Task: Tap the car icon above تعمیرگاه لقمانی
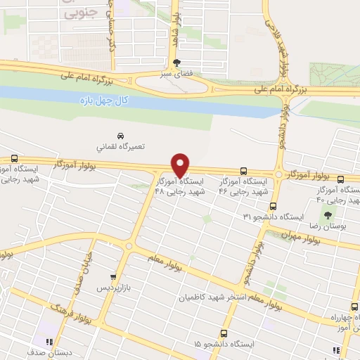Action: tap(120, 135)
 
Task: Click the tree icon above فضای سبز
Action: tap(177, 61)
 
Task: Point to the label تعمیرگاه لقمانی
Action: tap(120, 148)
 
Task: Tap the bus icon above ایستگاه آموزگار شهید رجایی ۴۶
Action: tap(243, 171)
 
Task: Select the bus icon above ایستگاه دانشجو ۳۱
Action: tap(274, 206)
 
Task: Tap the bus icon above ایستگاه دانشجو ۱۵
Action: tap(224, 333)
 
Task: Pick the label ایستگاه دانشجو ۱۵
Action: tap(225, 346)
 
